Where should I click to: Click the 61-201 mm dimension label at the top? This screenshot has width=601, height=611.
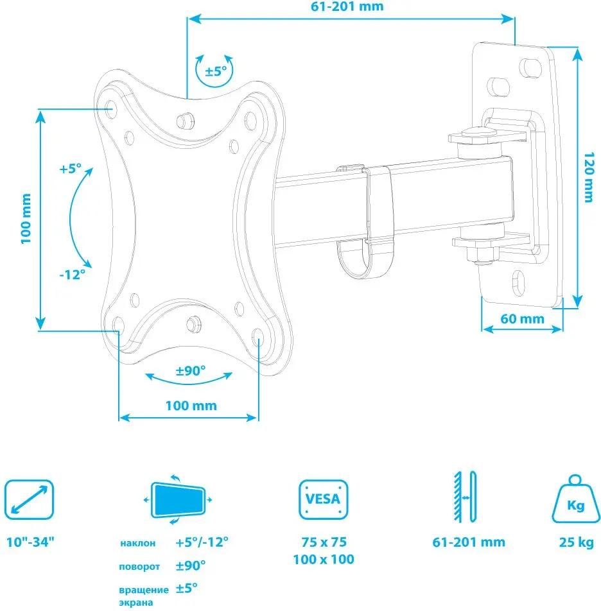click(347, 6)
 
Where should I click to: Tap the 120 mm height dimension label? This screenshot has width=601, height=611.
click(589, 177)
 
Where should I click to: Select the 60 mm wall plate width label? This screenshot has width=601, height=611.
click(522, 319)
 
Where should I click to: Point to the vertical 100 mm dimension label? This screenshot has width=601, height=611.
click(26, 219)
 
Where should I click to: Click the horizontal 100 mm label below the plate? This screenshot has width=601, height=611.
click(191, 406)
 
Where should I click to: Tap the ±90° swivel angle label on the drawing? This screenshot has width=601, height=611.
click(190, 370)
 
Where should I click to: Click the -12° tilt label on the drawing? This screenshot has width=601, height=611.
click(73, 274)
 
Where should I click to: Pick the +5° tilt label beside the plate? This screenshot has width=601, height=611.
click(70, 169)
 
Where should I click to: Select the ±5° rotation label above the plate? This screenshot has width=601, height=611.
click(216, 71)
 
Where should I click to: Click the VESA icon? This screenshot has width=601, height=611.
click(323, 499)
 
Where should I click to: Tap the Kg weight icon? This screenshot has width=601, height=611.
click(576, 499)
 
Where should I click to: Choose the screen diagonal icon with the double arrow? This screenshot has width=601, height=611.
click(29, 499)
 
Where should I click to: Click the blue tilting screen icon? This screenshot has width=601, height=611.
click(178, 500)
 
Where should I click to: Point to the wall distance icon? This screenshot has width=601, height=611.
click(465, 497)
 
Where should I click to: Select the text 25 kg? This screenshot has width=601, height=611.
click(577, 542)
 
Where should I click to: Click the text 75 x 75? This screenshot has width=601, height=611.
click(324, 542)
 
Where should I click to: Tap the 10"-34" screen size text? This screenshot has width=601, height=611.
click(30, 542)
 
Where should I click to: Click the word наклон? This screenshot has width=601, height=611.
click(137, 543)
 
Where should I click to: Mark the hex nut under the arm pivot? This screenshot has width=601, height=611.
click(482, 255)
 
